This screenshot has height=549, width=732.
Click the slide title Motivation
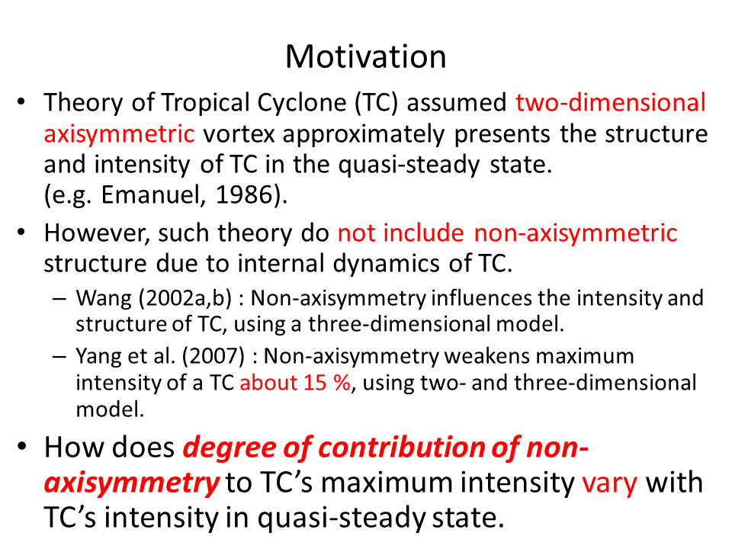(x=365, y=57)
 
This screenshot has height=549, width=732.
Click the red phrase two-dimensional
(x=611, y=103)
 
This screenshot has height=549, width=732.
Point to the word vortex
(x=238, y=134)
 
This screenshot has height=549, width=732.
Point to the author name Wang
(x=104, y=299)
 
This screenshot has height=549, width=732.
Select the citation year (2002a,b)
(x=185, y=299)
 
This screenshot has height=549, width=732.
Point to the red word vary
(x=609, y=483)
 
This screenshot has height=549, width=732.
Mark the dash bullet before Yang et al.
(x=59, y=356)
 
